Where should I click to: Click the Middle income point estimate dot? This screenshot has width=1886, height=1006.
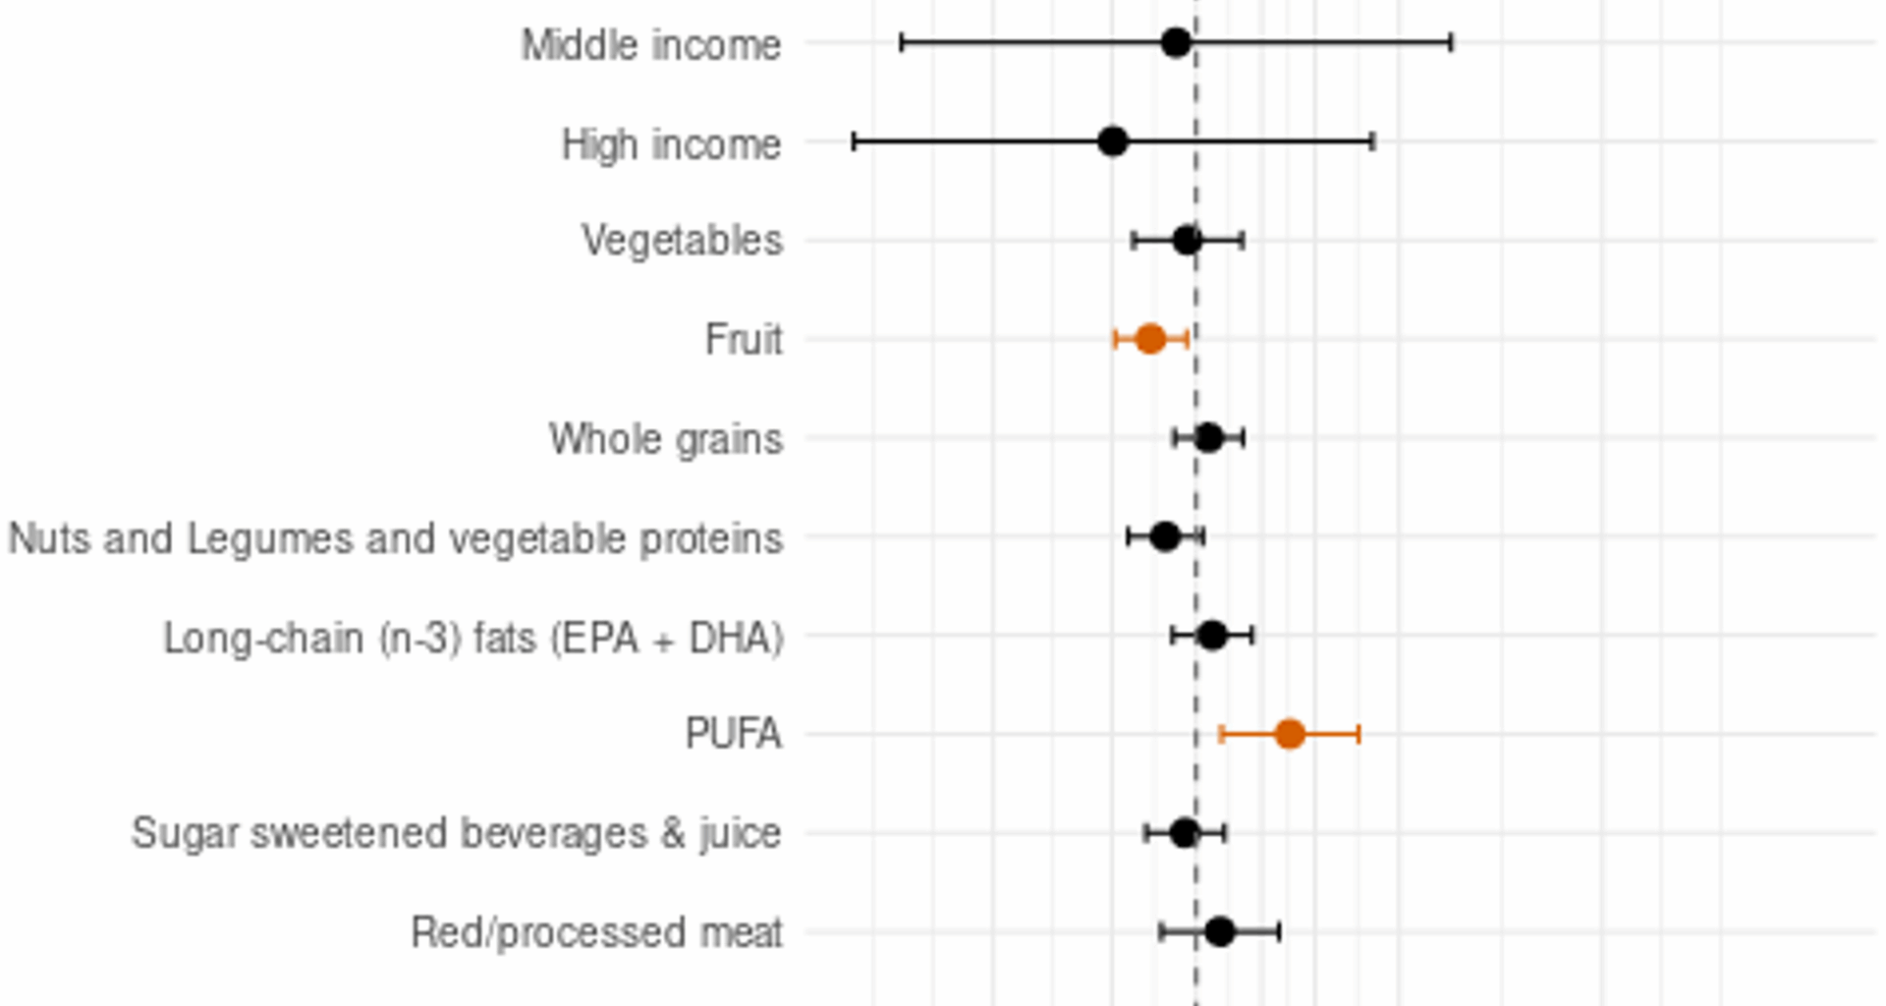point(1176,42)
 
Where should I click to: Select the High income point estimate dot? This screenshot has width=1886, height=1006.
point(1112,141)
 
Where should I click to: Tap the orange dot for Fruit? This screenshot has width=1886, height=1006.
point(1150,339)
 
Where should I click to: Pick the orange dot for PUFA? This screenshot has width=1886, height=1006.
point(1290,733)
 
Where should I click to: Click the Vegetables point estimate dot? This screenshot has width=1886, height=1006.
point(1187,240)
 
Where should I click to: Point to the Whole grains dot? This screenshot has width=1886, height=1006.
point(1208,437)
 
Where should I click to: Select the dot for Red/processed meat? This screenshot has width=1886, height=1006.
point(1219,931)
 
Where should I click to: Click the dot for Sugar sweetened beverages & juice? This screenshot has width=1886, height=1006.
point(1185,833)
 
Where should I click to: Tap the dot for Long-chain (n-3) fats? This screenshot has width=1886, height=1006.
point(1212,635)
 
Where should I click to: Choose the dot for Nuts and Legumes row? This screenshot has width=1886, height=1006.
point(1165,536)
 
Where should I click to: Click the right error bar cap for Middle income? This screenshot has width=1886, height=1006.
point(1451,42)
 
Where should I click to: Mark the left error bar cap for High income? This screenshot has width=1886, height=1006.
point(854,141)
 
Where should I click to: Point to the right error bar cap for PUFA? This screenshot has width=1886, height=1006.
point(1359,733)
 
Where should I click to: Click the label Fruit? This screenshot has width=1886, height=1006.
point(744,340)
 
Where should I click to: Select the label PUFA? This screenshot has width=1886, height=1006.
point(733,734)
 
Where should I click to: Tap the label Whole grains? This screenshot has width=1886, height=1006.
point(665,439)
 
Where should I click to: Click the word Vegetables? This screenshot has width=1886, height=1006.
point(682,241)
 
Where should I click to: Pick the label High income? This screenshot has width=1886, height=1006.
point(671,144)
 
